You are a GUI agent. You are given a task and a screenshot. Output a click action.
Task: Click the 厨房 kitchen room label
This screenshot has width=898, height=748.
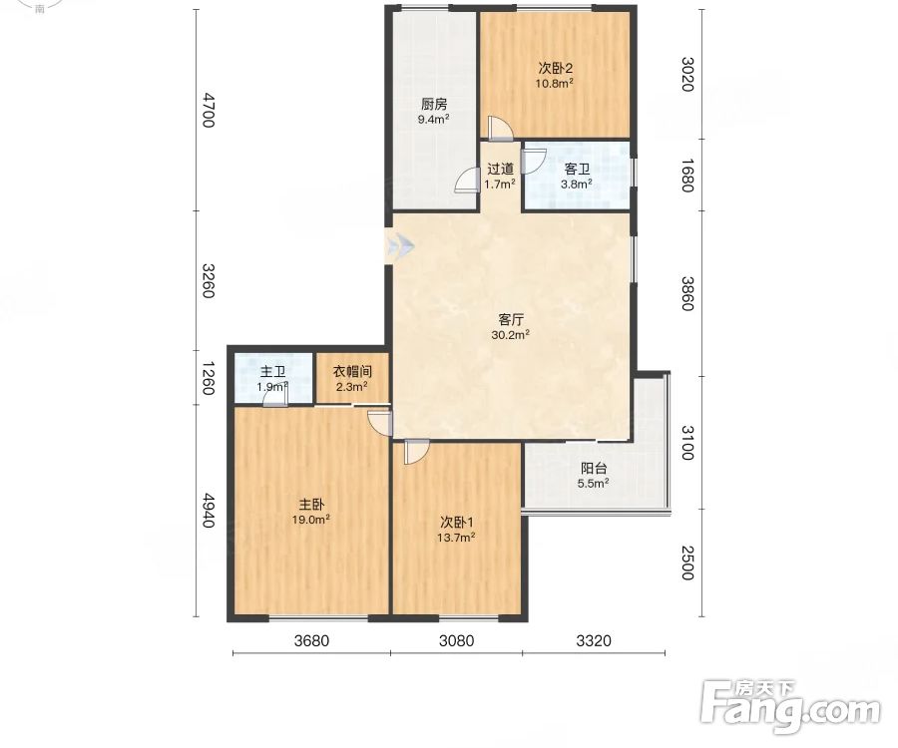(x=434, y=104)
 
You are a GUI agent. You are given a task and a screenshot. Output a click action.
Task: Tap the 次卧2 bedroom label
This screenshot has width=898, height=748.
(x=555, y=68)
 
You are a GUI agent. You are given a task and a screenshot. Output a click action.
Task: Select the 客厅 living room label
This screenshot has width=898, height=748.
(x=510, y=319)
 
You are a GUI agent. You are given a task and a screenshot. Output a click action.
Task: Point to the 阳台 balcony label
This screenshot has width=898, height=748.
(x=594, y=468)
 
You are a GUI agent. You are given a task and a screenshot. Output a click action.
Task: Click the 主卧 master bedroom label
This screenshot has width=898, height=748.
(x=311, y=505)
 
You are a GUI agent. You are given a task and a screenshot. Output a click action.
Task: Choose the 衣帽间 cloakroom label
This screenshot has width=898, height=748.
(x=352, y=371)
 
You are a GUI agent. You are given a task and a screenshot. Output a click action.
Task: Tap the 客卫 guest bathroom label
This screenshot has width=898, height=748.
(x=577, y=169)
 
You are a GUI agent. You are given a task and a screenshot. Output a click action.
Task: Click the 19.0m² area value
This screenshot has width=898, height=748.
(x=311, y=519)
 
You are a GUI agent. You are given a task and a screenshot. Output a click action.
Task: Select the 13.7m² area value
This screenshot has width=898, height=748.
(x=456, y=537)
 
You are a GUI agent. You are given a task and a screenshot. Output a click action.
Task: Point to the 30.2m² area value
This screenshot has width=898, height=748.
(x=510, y=334)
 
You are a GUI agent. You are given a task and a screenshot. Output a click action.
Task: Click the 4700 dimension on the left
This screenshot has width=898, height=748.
(x=208, y=111)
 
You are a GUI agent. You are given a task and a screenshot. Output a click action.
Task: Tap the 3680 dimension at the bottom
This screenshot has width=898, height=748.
(x=311, y=640)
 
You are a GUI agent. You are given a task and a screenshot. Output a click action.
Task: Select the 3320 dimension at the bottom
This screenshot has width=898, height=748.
(x=594, y=640)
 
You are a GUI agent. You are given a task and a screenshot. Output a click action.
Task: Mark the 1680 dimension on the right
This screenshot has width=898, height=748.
(x=687, y=176)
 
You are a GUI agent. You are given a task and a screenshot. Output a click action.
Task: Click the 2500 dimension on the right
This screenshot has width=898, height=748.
(x=687, y=563)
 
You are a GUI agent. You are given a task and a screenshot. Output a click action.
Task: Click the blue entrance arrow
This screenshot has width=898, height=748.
(x=399, y=246)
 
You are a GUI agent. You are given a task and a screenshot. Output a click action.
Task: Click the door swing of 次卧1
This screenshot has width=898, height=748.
(x=416, y=452)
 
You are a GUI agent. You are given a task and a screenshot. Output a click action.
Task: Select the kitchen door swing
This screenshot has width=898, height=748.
(x=467, y=181)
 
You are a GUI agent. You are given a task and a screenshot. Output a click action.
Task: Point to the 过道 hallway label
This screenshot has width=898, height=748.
(x=500, y=169)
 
